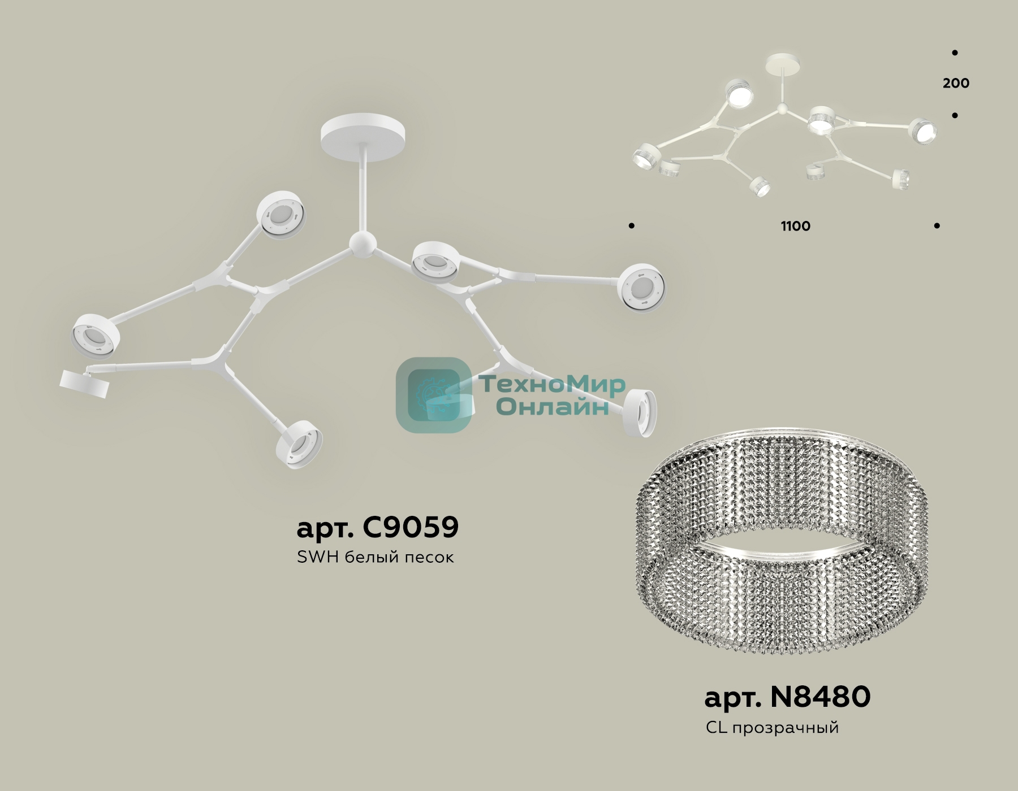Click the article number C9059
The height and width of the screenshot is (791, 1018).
377,527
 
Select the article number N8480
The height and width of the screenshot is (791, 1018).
787,697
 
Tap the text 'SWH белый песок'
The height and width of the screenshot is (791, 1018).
375,557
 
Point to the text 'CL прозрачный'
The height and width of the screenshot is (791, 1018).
772,728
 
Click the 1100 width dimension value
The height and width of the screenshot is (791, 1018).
796,226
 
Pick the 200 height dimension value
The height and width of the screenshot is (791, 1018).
956,83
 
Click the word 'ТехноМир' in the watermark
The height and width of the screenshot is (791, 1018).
553,385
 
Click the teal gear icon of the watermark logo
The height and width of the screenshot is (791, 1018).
434,395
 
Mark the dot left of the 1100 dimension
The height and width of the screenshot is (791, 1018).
631,226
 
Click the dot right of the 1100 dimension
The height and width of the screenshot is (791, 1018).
937,225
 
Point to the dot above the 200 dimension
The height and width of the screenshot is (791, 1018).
955,53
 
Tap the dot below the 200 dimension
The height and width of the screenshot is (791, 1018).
955,115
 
